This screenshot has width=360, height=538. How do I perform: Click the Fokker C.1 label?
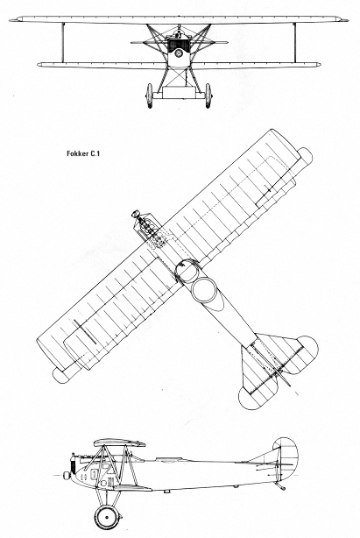click(x=83, y=153)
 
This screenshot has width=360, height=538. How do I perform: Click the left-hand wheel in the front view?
click(x=149, y=96)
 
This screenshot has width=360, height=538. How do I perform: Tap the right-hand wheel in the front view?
click(x=208, y=96)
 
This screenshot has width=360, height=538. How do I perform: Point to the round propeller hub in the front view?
click(x=179, y=53)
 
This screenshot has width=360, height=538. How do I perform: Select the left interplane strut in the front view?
click(x=63, y=43)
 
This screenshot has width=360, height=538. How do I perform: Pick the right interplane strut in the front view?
click(x=294, y=43)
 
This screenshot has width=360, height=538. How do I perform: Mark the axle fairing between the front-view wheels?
click(x=179, y=93)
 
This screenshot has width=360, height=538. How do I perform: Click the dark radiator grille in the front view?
click(x=179, y=45)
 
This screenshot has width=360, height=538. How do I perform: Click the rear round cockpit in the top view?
click(x=204, y=290)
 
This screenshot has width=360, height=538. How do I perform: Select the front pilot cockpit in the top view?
click(x=187, y=271)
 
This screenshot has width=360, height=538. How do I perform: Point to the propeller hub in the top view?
click(x=136, y=214)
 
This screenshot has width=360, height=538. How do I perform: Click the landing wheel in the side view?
click(x=107, y=517)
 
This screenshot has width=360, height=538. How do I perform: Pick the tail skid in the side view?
click(x=280, y=485)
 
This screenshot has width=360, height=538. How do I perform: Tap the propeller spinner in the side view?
click(x=67, y=476)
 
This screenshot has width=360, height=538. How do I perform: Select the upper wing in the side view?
click(x=119, y=442)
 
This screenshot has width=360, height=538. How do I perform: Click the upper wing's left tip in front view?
click(x=11, y=20)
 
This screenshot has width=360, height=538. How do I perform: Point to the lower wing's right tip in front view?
click(x=320, y=64)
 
